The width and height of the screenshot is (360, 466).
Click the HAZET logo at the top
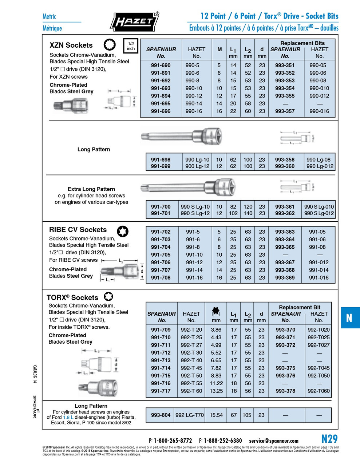(134, 22)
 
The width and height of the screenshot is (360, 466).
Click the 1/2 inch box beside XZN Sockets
(131, 46)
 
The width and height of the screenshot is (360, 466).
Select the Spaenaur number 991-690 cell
(161, 65)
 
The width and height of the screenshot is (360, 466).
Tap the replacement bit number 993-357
(285, 111)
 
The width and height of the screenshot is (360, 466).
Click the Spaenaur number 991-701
(161, 213)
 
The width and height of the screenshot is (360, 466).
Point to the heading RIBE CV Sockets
(78, 230)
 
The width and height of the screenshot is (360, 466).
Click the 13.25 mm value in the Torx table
(216, 391)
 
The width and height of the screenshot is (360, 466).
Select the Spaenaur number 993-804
(161, 415)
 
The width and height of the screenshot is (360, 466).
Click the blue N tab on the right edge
(349, 318)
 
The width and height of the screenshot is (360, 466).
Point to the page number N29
(329, 439)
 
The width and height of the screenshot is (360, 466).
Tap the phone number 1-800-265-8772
(173, 441)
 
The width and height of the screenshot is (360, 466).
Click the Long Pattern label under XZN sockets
(94, 149)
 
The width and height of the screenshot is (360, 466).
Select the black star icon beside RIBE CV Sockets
(123, 231)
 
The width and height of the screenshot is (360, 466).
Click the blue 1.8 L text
(68, 417)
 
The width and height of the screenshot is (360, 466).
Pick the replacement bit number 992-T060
(319, 391)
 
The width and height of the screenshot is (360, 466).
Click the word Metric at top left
(49, 16)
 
